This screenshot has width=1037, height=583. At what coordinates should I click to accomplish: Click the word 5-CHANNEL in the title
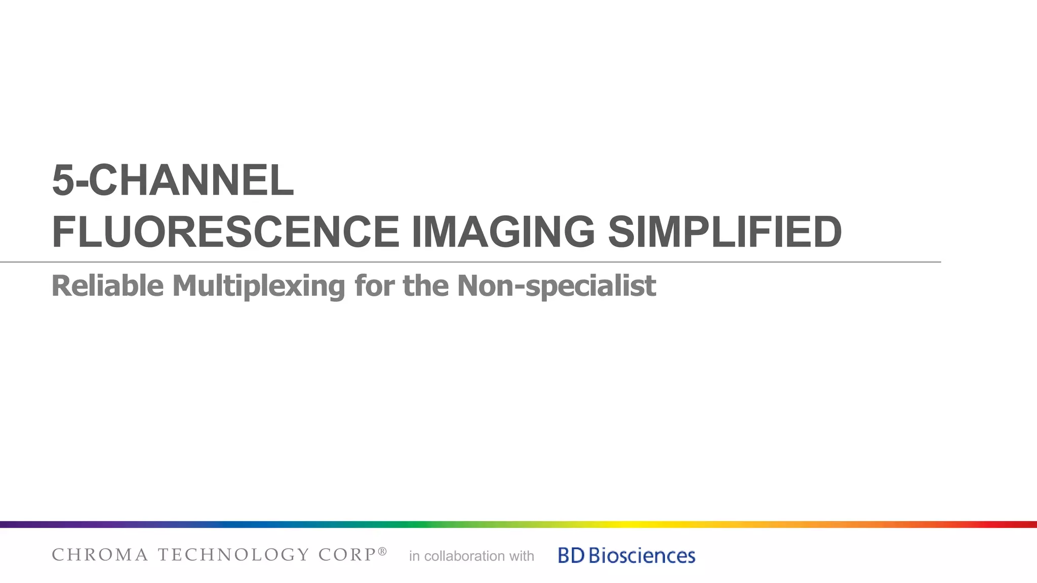point(173,180)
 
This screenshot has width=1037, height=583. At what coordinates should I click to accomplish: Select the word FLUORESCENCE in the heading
point(225,232)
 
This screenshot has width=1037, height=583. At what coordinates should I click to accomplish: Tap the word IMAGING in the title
point(503,232)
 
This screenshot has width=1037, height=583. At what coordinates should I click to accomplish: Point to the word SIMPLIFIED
point(724,232)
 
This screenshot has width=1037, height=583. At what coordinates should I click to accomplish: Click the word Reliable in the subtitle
point(107,286)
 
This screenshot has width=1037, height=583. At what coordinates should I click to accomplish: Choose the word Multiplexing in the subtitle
point(259,287)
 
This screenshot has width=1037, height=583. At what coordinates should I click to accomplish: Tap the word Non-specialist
point(556,287)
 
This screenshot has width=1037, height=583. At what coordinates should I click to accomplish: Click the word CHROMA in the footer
point(100,555)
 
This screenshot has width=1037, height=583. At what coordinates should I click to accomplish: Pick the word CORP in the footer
point(347,555)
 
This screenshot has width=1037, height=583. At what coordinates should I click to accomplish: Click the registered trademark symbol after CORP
point(382,551)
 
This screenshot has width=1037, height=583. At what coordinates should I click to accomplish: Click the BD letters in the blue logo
point(571,556)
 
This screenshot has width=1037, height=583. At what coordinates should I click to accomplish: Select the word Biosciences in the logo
point(642,556)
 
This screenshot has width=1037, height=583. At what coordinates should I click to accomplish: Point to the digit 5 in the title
point(63,180)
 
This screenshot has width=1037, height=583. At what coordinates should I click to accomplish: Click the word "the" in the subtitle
point(425,286)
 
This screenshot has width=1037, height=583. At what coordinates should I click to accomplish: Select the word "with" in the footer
point(522,556)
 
